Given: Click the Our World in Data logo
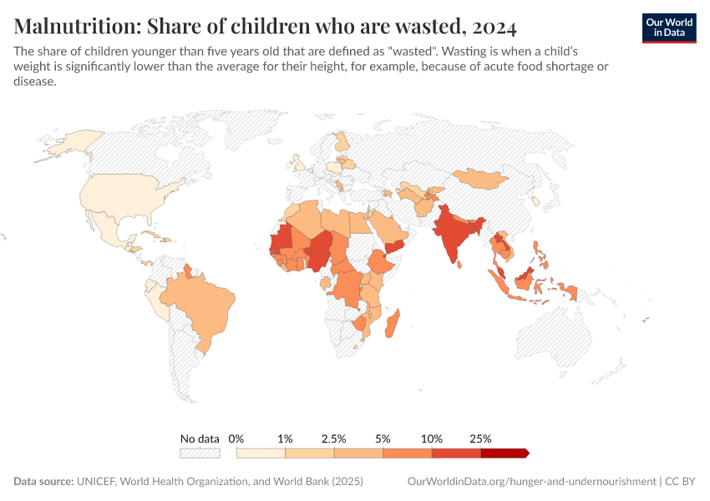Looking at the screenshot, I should (668, 28).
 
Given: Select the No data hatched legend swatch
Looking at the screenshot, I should (200, 453).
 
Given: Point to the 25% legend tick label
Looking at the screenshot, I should (481, 438).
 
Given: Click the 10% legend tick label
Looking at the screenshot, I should (432, 438).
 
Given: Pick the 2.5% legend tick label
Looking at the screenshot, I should (334, 438).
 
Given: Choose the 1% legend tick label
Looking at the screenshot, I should (286, 438).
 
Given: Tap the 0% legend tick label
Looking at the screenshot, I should (236, 438).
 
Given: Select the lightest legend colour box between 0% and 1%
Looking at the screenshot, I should (261, 453).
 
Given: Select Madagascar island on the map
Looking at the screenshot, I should (393, 325).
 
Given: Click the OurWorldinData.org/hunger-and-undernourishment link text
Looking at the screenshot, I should (531, 482).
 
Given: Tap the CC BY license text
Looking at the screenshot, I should (681, 482).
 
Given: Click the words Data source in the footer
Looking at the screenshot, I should (43, 482).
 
